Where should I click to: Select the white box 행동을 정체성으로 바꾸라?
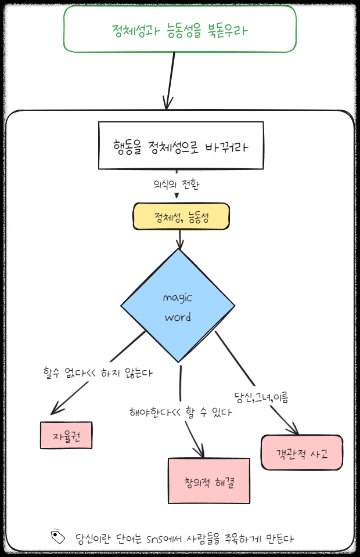coord(181,146)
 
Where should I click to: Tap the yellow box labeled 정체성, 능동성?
coord(182,217)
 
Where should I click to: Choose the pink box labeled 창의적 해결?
coord(208,481)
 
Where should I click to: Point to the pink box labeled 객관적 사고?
coord(301,453)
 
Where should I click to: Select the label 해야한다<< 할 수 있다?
coord(181,413)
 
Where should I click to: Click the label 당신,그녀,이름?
coord(261,397)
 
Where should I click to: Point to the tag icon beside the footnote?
coord(57,537)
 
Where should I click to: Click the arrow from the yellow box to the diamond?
coord(181,238)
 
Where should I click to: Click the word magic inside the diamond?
coord(177,298)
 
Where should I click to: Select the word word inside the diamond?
coord(178,317)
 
